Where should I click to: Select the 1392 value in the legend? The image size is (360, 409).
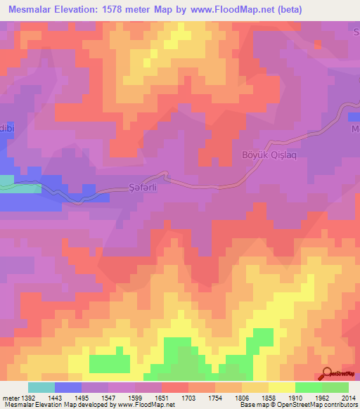(27, 397)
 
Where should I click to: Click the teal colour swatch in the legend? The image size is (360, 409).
(41, 387)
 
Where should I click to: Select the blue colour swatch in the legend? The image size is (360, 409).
(68, 387)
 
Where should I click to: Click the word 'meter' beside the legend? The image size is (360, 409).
(9, 397)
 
